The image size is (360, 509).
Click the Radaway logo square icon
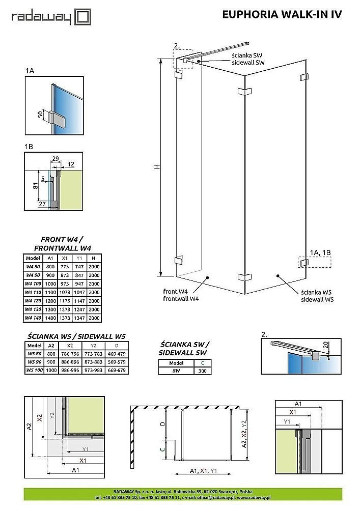[83, 17]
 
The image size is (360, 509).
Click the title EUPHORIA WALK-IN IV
[282, 15]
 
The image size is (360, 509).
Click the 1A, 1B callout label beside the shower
[321, 251]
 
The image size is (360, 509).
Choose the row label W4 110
[33, 292]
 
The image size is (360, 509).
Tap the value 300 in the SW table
[202, 371]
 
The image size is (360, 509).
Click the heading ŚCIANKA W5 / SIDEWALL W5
[75, 336]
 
